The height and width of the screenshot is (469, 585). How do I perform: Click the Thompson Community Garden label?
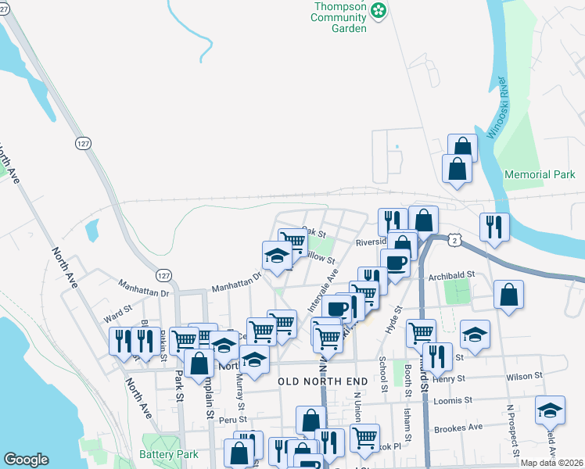(x=339, y=16)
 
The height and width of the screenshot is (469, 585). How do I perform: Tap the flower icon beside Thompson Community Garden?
(x=379, y=10)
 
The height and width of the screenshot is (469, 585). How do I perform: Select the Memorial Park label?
(x=540, y=174)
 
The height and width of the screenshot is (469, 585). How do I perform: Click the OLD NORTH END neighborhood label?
(x=322, y=381)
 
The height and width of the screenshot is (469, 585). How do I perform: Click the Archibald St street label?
(x=453, y=275)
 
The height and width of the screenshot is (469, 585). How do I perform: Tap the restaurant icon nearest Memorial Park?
(x=493, y=226)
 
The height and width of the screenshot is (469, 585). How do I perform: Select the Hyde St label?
(x=397, y=320)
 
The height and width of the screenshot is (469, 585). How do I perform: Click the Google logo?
(x=26, y=460)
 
